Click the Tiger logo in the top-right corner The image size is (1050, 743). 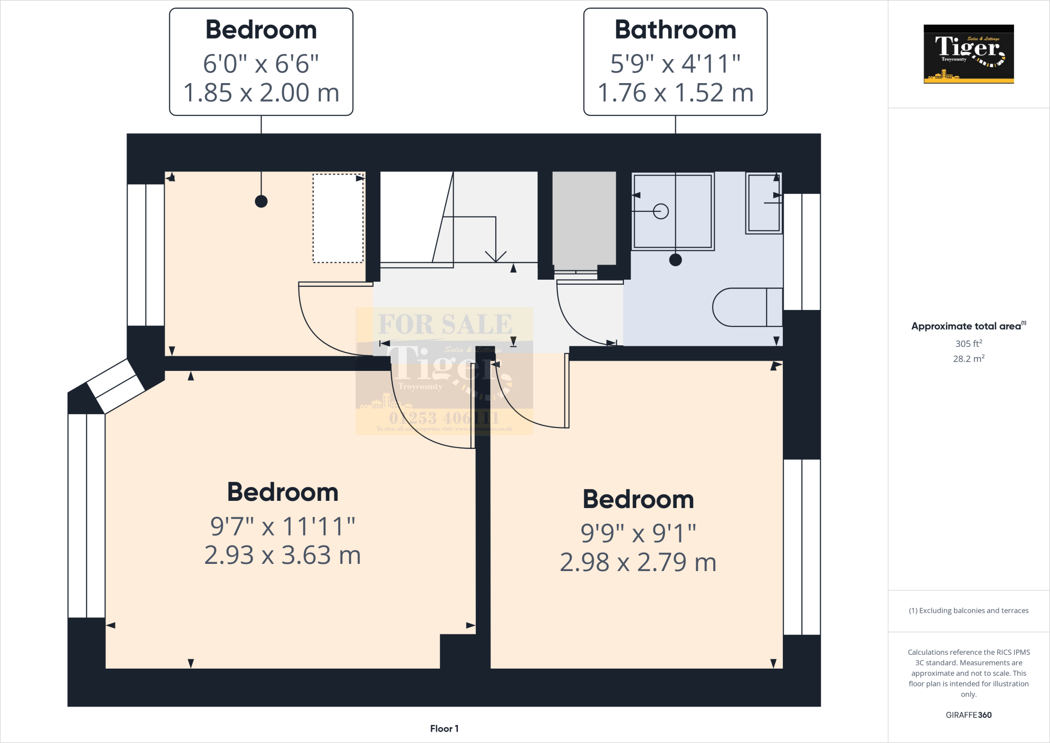point(968,54)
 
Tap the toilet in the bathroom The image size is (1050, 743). point(746,307)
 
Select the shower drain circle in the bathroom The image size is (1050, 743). point(661,211)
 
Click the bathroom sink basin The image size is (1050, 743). point(763,204)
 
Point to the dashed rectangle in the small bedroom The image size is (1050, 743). point(338,219)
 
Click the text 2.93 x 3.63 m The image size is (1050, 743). point(282,556)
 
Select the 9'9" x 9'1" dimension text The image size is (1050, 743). point(638,533)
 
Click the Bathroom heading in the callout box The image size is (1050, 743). point(675,30)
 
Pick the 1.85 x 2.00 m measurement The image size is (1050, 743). point(261,93)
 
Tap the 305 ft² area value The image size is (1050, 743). point(968,344)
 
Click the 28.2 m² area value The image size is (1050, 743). point(968,359)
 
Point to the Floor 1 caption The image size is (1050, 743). point(444,729)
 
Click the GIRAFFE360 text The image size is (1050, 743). point(968,715)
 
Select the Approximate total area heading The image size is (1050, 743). point(967,326)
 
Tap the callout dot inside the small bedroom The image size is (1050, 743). point(261,202)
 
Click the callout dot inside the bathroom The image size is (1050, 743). point(675,260)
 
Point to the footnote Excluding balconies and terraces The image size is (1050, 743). point(968,611)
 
